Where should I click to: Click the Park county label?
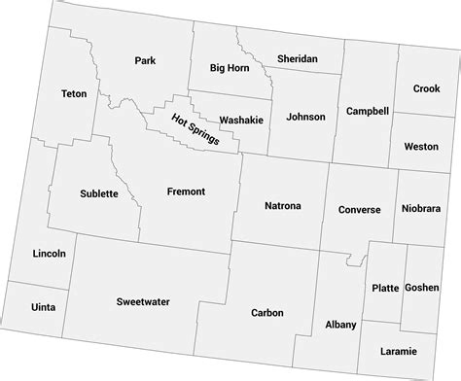point(146,61)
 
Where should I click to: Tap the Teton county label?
point(74,94)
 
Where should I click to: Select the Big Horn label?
point(230,68)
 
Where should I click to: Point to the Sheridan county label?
point(298,59)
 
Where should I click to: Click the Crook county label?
point(426,88)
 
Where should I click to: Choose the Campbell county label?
point(364,113)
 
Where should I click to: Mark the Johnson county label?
point(304,117)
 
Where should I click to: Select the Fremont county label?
point(186,191)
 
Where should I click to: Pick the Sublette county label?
point(99,193)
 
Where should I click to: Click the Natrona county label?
point(283,206)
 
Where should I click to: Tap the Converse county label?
point(359,209)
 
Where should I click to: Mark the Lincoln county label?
point(49,254)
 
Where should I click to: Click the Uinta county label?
point(43,307)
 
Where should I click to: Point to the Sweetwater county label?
point(143,302)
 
